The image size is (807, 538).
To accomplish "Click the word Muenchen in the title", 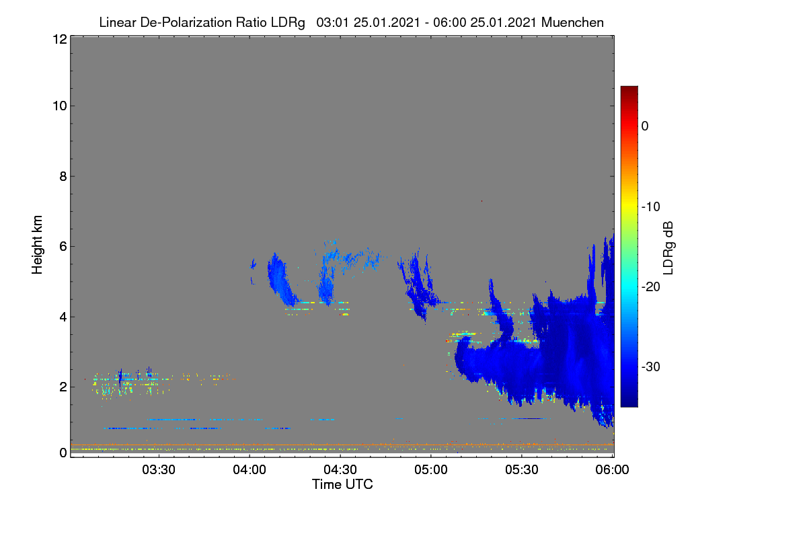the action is click(x=572, y=22).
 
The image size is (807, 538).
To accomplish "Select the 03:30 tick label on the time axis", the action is click(x=159, y=469).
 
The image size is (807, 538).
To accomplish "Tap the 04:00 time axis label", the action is click(x=249, y=469).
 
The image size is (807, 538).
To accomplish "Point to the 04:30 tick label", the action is click(x=340, y=469).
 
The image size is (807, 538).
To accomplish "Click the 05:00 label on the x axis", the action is click(x=431, y=469).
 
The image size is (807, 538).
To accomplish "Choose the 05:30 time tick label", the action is click(x=522, y=469).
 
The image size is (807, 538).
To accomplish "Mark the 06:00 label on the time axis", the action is click(x=612, y=469).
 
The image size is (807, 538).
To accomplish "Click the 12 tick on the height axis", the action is click(x=60, y=39).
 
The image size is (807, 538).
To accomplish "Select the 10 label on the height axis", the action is click(x=60, y=106).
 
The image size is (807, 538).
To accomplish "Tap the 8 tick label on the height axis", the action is click(x=63, y=176).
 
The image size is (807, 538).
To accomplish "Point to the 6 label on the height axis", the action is click(x=63, y=247).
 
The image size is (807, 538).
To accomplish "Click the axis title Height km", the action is click(x=37, y=245).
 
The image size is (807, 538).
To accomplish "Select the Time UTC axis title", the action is click(x=342, y=484).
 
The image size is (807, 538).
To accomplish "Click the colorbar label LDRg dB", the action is click(x=668, y=248).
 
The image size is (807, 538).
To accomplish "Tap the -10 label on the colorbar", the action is click(x=651, y=207).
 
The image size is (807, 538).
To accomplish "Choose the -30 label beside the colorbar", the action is click(x=651, y=367).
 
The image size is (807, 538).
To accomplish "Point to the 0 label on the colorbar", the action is click(x=645, y=126).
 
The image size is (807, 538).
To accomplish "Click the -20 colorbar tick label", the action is click(x=651, y=287).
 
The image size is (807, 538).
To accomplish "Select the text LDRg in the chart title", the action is click(x=288, y=22).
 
